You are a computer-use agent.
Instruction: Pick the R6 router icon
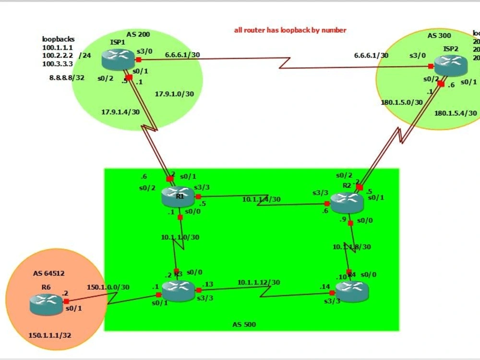[46, 301]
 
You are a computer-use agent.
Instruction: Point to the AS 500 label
[244, 324]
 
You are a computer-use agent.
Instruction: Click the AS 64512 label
[48, 274]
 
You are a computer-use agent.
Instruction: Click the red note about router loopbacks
[290, 30]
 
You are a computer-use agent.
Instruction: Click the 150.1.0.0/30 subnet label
[108, 287]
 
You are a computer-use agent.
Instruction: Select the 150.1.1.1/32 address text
[50, 336]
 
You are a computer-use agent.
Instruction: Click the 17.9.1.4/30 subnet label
[120, 112]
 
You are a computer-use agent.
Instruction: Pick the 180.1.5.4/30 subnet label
[456, 113]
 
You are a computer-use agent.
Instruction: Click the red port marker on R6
[66, 301]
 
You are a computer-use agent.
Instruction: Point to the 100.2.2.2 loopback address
[58, 56]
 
